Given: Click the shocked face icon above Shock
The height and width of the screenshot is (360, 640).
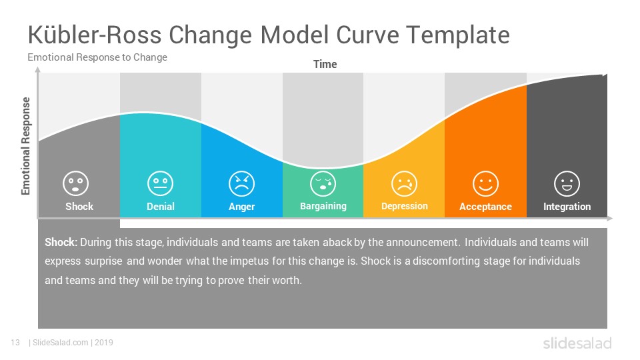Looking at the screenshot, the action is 75,183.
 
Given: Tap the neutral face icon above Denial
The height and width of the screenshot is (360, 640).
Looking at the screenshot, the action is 161,183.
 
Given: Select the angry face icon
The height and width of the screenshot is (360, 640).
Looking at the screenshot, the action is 241,184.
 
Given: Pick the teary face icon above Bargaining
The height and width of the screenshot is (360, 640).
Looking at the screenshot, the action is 323,184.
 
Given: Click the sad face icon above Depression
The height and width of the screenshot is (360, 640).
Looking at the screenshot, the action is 404,184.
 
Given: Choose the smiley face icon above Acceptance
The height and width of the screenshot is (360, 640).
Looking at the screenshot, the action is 485,184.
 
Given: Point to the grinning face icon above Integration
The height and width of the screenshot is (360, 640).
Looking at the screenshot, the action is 567,184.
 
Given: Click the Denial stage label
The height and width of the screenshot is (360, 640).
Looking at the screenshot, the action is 161,207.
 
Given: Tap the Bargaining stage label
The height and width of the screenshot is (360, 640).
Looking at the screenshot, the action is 323,207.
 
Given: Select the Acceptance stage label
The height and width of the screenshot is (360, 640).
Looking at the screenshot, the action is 485,207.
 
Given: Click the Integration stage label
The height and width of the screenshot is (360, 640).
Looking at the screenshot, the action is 567,207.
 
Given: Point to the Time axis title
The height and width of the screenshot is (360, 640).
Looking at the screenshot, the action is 325,64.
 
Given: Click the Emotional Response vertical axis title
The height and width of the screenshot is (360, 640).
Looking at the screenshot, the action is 26,146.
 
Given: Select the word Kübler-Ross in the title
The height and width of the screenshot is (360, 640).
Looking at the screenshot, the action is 94,35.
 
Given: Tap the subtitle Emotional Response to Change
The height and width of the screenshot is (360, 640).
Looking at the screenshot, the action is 97,57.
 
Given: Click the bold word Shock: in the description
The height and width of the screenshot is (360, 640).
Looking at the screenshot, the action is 61,242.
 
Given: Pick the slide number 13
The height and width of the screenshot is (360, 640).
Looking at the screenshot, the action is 15,343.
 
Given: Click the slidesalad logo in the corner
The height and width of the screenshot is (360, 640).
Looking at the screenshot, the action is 577,343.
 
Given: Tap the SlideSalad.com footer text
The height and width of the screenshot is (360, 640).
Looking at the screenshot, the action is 61,343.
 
